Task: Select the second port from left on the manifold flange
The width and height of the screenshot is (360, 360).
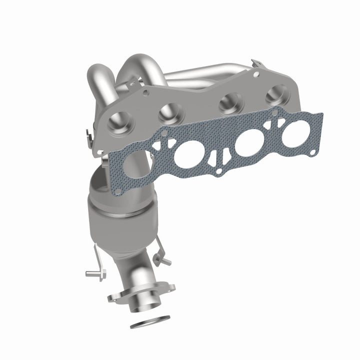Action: pos(166,114)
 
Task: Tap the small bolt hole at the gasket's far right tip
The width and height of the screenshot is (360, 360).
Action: pos(312,152)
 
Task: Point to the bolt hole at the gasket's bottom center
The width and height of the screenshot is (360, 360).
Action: pos(218,172)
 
